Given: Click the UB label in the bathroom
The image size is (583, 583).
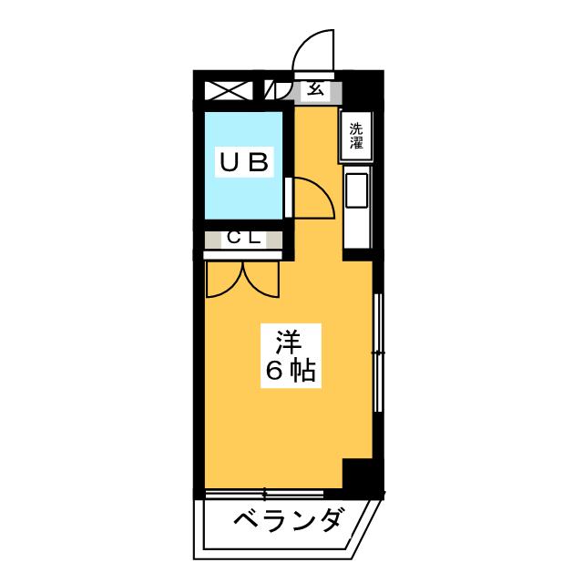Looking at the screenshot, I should [242, 163].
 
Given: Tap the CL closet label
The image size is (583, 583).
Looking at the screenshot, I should [244, 239].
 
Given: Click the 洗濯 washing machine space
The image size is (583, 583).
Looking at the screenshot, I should [355, 136].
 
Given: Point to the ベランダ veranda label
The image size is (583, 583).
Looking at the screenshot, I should [288, 523].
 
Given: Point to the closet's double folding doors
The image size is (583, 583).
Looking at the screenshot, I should [240, 278].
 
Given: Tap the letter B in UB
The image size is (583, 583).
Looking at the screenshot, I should [257, 163].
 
